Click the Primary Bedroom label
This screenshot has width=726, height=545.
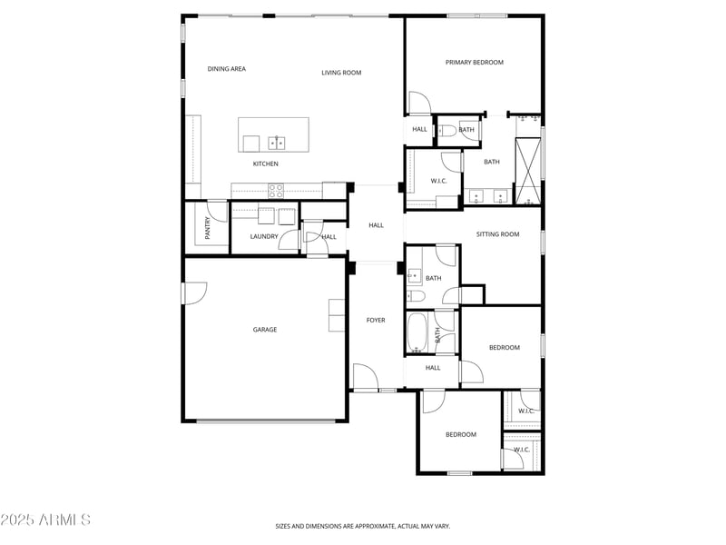(474, 62)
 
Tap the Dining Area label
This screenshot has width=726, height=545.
(226, 69)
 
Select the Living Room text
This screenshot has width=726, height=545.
(341, 73)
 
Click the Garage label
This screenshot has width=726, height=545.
(265, 330)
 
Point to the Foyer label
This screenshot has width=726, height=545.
(376, 320)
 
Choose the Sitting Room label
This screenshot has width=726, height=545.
(497, 234)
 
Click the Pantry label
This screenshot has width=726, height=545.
(208, 228)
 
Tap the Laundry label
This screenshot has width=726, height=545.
(264, 236)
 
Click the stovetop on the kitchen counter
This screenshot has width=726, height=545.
(276, 191)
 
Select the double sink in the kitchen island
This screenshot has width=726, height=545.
(277, 144)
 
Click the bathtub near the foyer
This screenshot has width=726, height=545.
(417, 332)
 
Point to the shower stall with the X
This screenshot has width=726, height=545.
(528, 171)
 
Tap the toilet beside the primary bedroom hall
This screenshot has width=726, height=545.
(446, 131)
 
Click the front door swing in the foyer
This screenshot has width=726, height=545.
(364, 374)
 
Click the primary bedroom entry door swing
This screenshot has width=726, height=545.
(420, 102)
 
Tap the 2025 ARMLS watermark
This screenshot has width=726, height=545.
(45, 520)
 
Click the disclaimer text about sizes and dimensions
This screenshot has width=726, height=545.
(362, 526)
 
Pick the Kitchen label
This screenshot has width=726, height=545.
(265, 163)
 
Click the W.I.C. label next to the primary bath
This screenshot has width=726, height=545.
(438, 181)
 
